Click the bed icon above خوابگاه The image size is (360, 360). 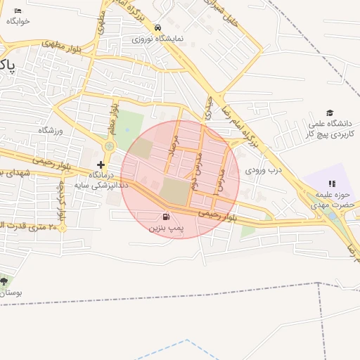(x=18, y=11)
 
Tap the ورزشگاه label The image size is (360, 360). (x=51, y=130)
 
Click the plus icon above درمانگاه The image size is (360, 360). (x=101, y=164)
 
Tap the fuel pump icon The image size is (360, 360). (x=166, y=217)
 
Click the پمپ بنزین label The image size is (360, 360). (x=166, y=229)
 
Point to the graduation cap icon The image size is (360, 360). (x=328, y=113)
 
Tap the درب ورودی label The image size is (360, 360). (x=263, y=170)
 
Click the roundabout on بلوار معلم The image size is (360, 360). (x=109, y=146)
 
